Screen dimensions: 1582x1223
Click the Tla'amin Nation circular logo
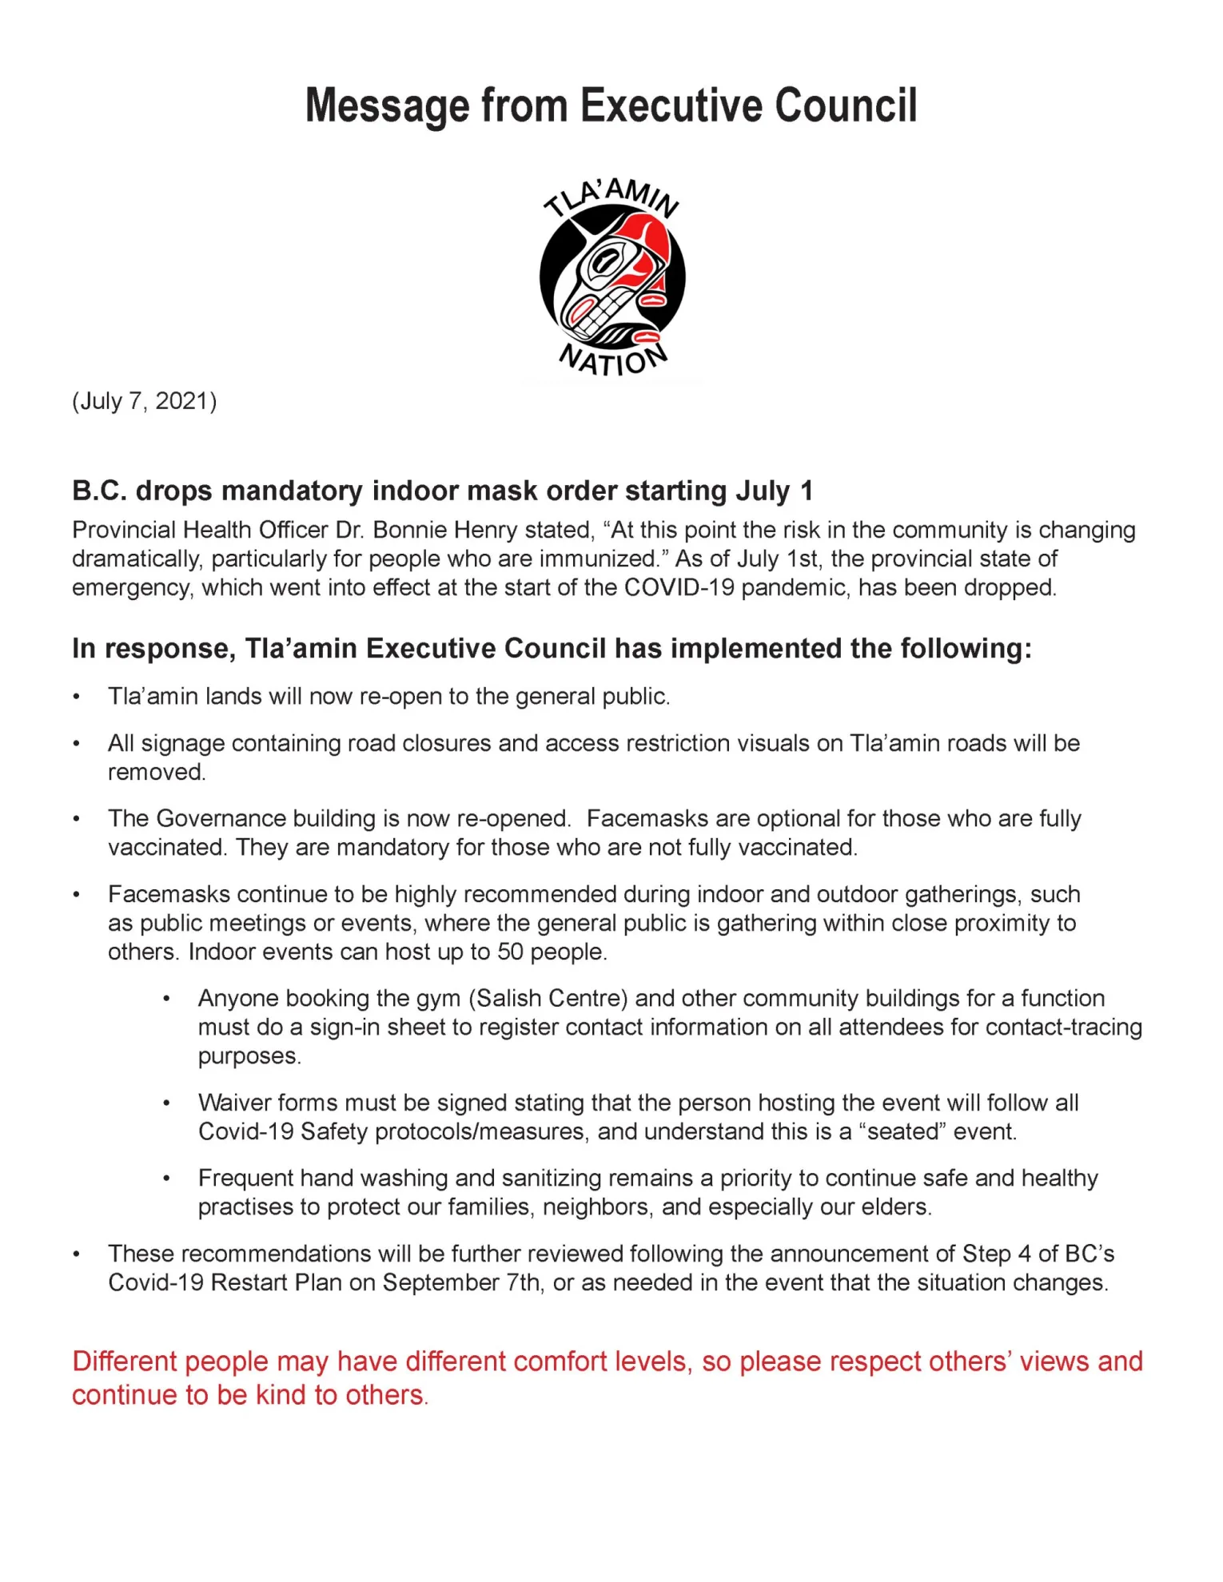point(612,276)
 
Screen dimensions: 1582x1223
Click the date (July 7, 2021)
point(145,401)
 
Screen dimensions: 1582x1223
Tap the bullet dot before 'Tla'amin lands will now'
point(77,698)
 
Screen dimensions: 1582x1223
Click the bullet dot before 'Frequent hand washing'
point(166,1179)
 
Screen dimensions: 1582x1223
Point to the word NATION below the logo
point(612,361)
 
